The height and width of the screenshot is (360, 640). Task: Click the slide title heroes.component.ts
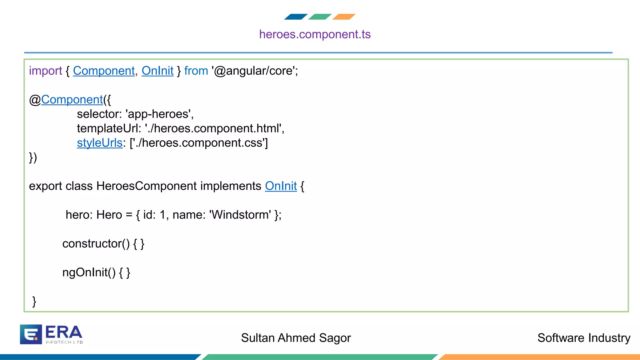pos(315,34)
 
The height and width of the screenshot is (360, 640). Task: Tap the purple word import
pos(45,71)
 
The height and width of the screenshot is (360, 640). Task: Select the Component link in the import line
pos(104,71)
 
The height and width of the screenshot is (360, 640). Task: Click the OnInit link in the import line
pos(157,71)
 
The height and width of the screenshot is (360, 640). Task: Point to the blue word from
pos(196,71)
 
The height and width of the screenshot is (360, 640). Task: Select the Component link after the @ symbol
pos(72,100)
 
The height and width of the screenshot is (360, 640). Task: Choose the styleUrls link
pos(100,143)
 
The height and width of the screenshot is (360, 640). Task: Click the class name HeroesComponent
pos(147,186)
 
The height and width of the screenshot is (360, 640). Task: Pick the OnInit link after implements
pos(281,186)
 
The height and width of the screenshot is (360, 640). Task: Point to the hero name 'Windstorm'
pos(240,215)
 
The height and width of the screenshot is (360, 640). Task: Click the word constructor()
pos(96,243)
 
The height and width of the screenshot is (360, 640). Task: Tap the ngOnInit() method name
pos(89,272)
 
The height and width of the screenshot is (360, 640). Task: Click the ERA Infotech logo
pos(51,334)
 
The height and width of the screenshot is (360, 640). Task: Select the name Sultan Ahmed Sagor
pos(296,338)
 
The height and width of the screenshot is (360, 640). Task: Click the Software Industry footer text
pos(583,338)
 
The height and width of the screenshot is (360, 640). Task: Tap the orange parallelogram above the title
pos(344,17)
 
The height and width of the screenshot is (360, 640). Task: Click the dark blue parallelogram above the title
pos(296,17)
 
